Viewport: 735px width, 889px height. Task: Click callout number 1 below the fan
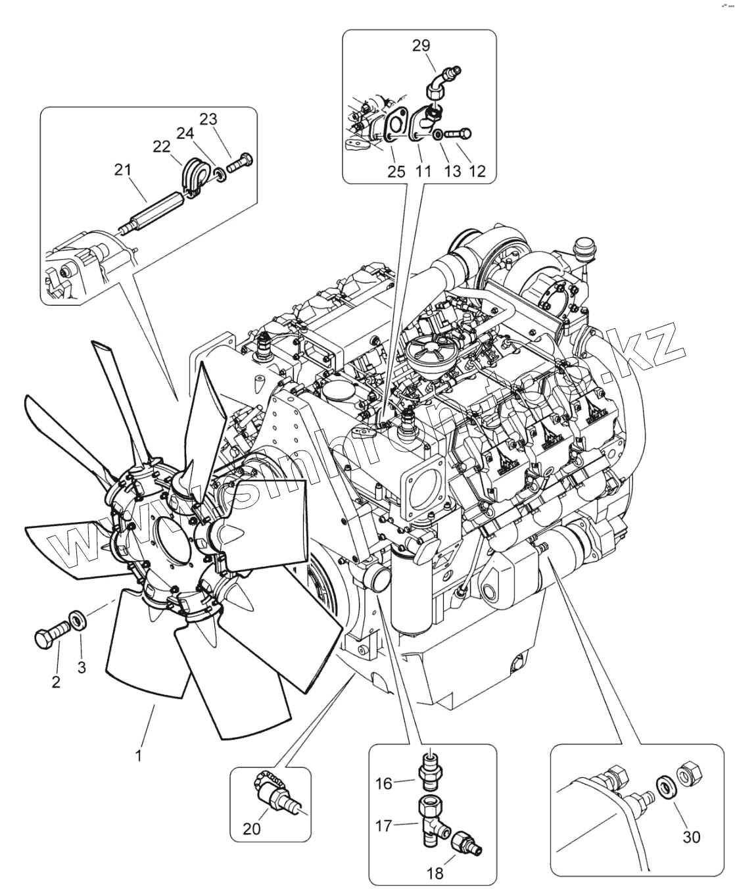point(139,756)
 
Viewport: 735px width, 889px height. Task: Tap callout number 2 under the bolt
point(56,682)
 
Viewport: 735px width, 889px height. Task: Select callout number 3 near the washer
point(82,667)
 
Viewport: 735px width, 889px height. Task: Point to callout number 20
point(251,829)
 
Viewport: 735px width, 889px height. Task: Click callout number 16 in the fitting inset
point(384,783)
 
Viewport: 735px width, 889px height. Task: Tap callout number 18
point(435,873)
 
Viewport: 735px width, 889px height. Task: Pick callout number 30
point(691,836)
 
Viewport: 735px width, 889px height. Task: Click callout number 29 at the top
point(421,45)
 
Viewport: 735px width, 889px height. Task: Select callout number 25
point(395,172)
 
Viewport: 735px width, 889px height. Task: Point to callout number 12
point(477,172)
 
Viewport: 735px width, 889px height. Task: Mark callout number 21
point(122,170)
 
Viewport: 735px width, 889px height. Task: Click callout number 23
point(208,119)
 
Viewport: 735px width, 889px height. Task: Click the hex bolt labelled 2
point(49,635)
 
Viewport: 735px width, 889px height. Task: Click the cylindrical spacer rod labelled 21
point(154,209)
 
